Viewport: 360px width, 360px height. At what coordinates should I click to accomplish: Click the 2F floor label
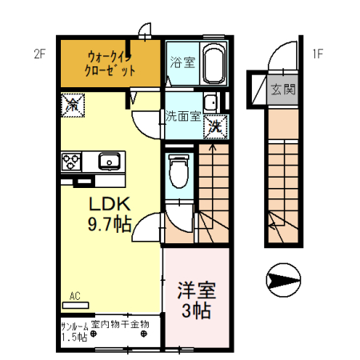click(40, 54)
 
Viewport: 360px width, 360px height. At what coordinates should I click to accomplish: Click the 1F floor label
click(318, 54)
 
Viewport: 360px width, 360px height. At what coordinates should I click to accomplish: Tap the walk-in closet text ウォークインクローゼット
click(110, 63)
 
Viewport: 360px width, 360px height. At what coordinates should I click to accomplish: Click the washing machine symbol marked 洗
click(215, 125)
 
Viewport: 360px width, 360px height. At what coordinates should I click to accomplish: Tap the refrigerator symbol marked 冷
click(71, 103)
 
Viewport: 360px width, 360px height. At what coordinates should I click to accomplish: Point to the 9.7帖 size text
click(110, 225)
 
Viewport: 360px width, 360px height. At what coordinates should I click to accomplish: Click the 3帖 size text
click(195, 310)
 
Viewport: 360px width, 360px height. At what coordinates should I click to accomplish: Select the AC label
click(75, 296)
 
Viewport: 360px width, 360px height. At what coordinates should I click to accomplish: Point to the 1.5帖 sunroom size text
click(77, 337)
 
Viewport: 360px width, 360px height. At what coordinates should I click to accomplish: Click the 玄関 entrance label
click(282, 89)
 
